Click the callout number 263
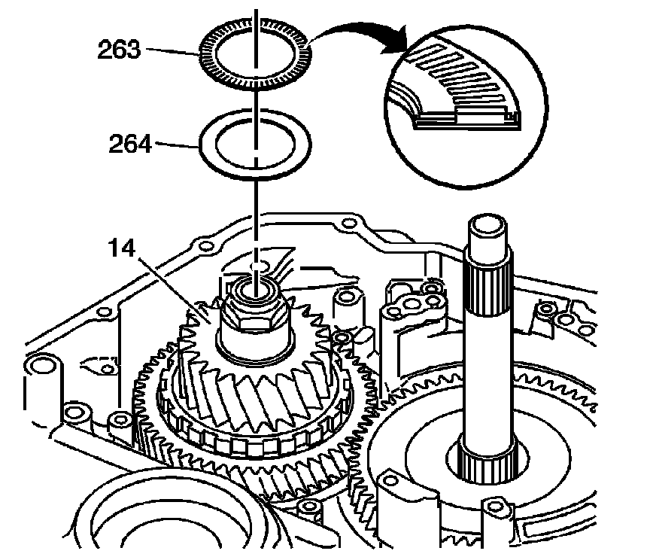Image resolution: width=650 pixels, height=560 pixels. [x=119, y=50]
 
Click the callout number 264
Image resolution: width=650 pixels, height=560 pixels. [x=130, y=144]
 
